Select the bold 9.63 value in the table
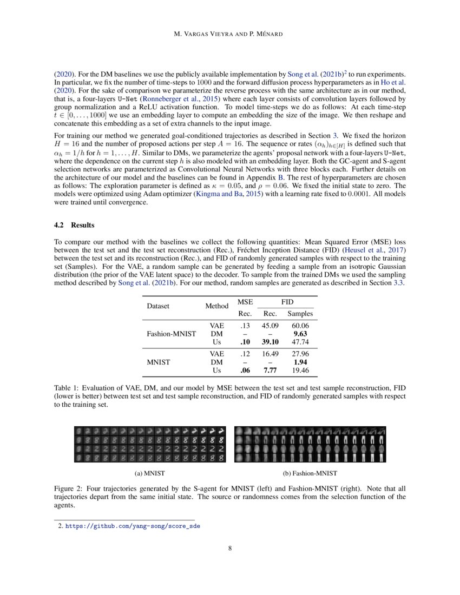300,334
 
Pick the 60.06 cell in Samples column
300,326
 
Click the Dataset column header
158,306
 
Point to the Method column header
216,306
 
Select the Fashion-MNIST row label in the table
172,334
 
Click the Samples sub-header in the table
300,314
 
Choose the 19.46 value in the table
300,371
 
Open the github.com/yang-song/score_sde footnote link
133,525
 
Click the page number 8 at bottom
230,548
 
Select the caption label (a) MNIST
150,473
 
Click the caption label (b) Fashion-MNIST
311,473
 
